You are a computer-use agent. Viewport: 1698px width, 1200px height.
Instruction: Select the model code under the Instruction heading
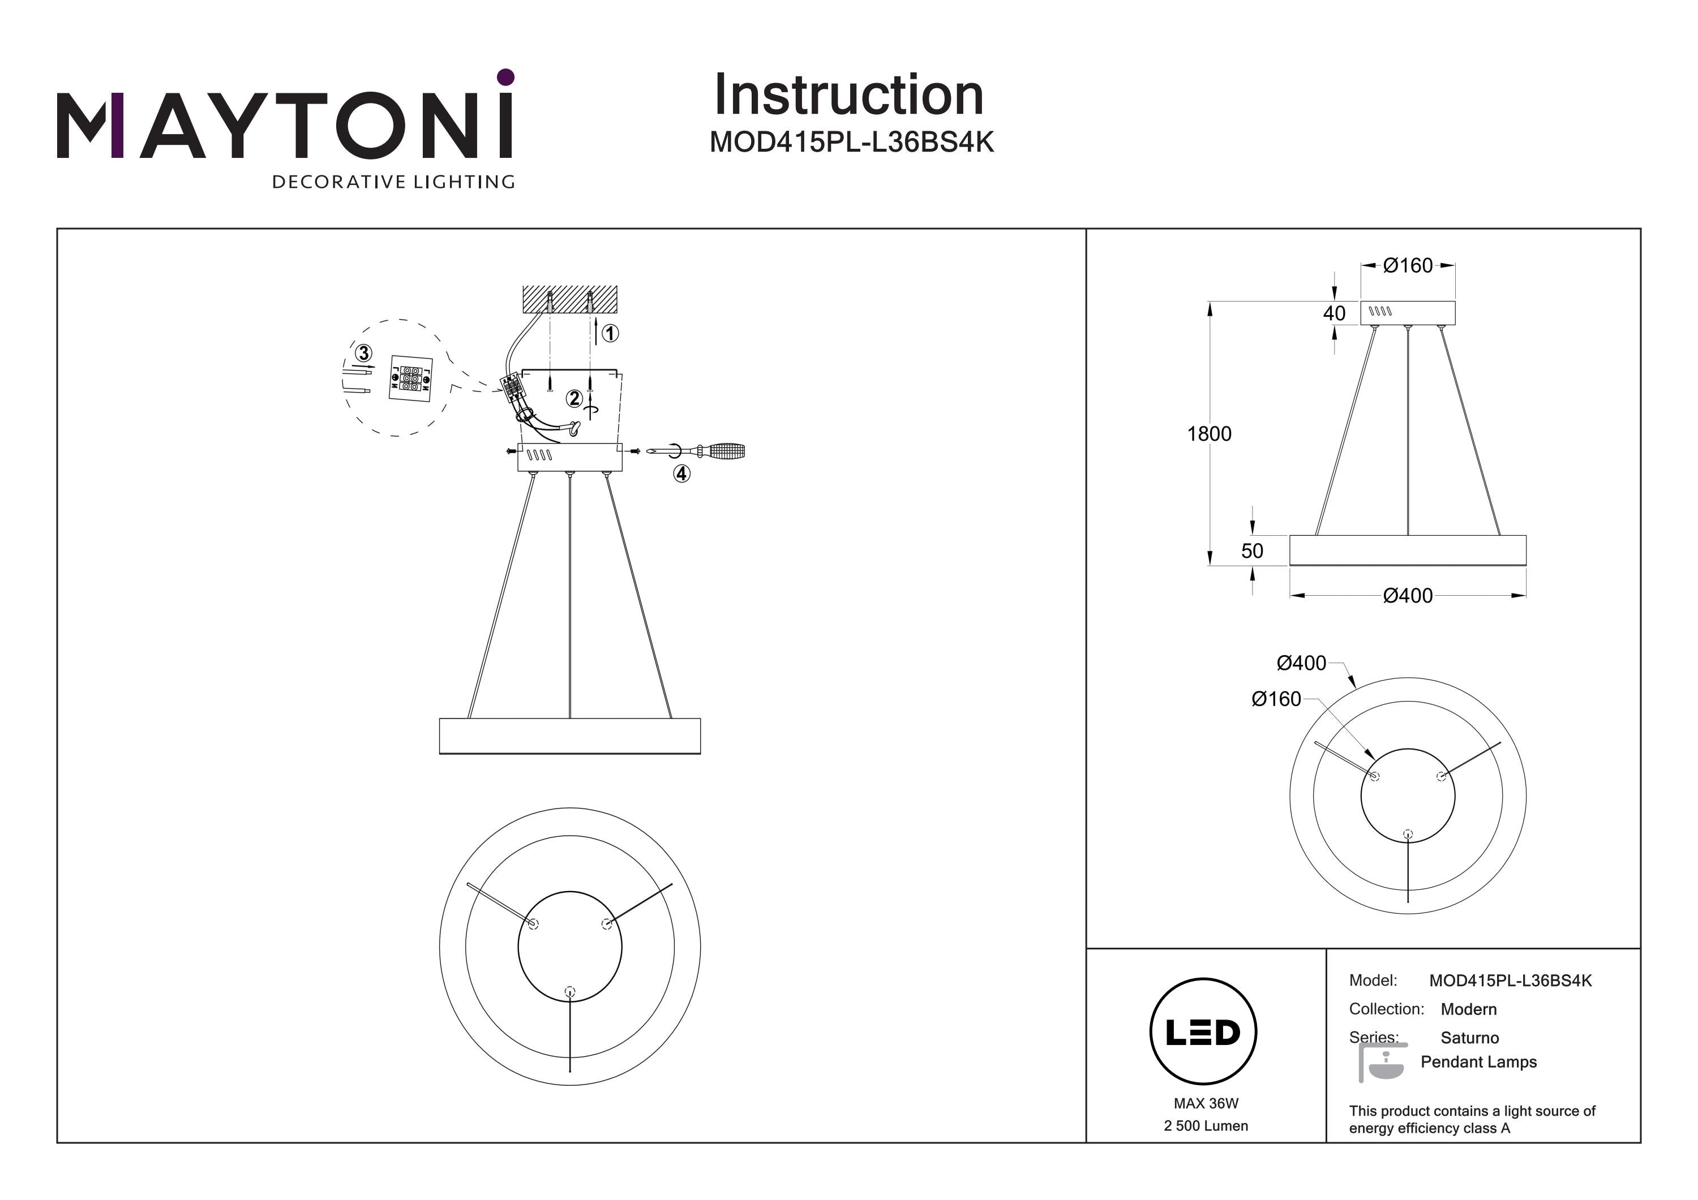(x=851, y=141)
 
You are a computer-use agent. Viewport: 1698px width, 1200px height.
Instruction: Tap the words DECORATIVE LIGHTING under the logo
(x=393, y=182)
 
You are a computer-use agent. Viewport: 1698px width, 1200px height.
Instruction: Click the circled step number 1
(x=610, y=333)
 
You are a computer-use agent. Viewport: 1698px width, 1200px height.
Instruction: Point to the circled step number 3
(x=363, y=354)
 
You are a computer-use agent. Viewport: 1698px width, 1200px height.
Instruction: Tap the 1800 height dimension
(x=1209, y=434)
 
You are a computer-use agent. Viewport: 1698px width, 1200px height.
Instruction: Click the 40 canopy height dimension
(x=1334, y=313)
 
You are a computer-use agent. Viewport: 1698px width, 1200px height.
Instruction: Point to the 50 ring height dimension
(x=1252, y=551)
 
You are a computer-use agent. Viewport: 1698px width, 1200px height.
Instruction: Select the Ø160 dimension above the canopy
(x=1408, y=265)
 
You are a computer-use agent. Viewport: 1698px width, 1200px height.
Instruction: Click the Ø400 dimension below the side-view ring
(x=1408, y=596)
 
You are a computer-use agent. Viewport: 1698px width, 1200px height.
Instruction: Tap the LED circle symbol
(x=1203, y=1032)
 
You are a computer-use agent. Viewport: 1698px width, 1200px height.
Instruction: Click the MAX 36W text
(x=1206, y=1104)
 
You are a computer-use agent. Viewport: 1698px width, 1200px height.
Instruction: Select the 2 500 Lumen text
(x=1206, y=1126)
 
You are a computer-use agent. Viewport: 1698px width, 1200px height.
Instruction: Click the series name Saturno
(x=1469, y=1038)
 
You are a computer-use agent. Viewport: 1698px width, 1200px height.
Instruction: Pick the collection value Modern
(x=1469, y=1009)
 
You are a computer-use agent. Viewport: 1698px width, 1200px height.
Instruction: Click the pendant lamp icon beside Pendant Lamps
(x=1383, y=1063)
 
